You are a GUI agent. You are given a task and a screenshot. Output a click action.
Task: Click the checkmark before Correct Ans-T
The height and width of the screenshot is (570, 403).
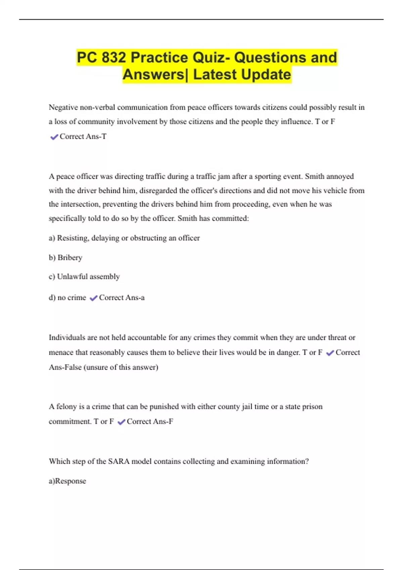tap(54, 137)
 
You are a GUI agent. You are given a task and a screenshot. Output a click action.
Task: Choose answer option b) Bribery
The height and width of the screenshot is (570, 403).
tap(65, 258)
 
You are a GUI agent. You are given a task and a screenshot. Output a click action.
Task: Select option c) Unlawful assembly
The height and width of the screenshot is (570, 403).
tap(84, 277)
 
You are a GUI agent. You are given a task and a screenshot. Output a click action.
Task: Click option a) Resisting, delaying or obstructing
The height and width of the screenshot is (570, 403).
tap(124, 238)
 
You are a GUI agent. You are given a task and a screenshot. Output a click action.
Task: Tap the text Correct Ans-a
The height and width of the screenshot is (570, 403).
tap(122, 298)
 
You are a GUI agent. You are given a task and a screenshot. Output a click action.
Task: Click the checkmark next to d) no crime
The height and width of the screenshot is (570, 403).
tap(93, 298)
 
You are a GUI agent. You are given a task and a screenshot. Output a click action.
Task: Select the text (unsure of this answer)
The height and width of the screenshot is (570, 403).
tap(121, 367)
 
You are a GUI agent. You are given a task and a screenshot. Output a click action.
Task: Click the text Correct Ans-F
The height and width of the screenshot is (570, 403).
tap(150, 421)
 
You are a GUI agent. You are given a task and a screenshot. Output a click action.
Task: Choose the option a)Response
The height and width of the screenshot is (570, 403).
tap(68, 481)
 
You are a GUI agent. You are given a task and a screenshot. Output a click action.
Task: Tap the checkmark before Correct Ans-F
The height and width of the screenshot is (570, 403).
tap(121, 422)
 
